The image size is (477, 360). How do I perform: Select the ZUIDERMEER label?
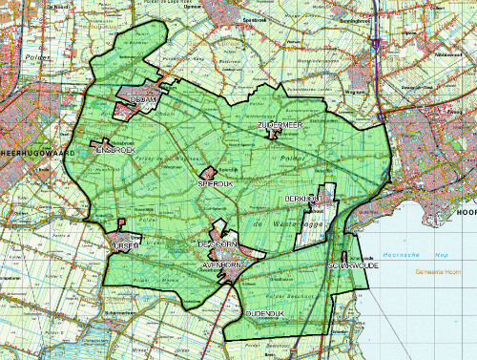pyautogui.click(x=280, y=126)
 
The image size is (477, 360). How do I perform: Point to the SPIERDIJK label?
pyautogui.click(x=215, y=181)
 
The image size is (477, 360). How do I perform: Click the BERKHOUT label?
pyautogui.click(x=301, y=198)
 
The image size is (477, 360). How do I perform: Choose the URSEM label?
pyautogui.click(x=127, y=246)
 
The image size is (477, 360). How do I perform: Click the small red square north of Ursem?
pyautogui.click(x=122, y=224)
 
